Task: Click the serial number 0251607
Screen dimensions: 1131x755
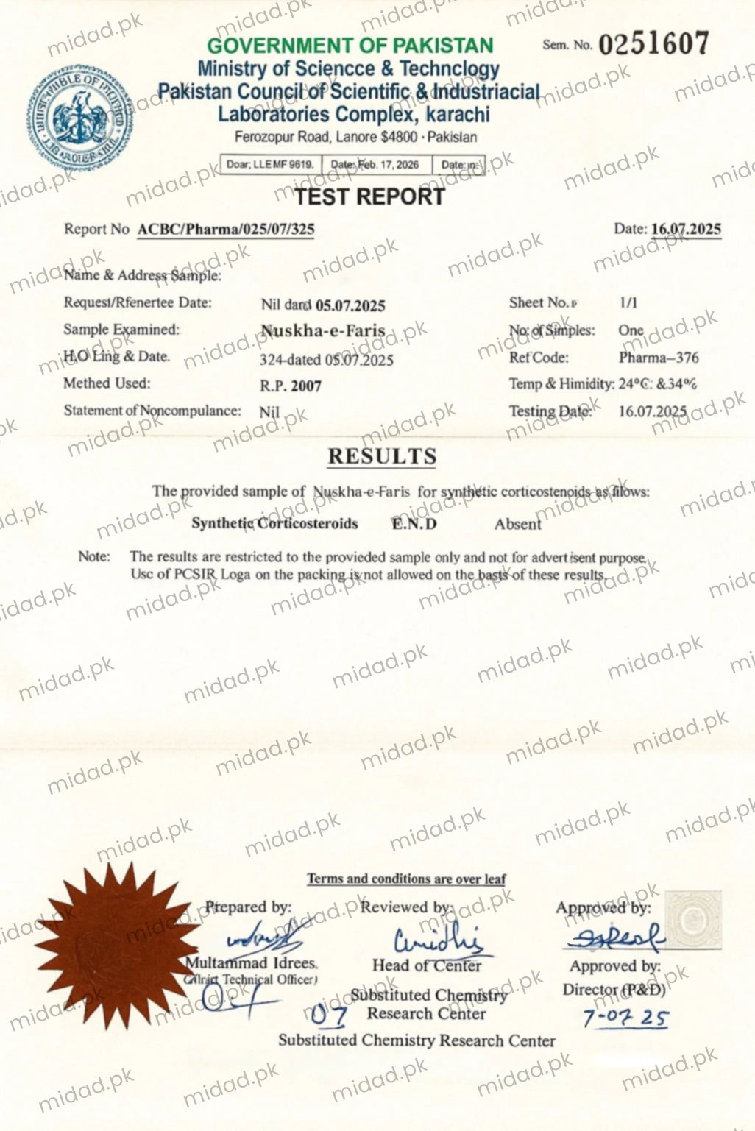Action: [653, 44]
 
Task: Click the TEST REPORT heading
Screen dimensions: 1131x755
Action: [369, 196]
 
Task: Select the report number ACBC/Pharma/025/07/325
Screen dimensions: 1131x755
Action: [226, 229]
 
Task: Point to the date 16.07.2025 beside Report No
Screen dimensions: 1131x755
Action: [686, 229]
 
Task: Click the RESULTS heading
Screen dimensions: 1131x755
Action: [382, 456]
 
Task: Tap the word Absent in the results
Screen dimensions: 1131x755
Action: [517, 524]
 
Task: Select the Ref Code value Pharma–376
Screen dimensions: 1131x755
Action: [659, 358]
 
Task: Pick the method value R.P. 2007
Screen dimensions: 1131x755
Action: [291, 386]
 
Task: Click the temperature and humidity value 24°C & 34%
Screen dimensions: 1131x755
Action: [658, 383]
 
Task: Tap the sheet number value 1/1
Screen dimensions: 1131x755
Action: [628, 302]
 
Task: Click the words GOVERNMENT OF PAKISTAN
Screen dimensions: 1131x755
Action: [350, 46]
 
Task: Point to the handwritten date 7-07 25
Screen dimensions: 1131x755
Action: [625, 1018]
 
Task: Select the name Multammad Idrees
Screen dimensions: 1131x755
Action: [251, 963]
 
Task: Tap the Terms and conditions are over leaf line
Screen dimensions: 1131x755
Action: [406, 879]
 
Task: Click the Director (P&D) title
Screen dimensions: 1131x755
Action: [614, 990]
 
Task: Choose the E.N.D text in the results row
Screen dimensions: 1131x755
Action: [414, 524]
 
